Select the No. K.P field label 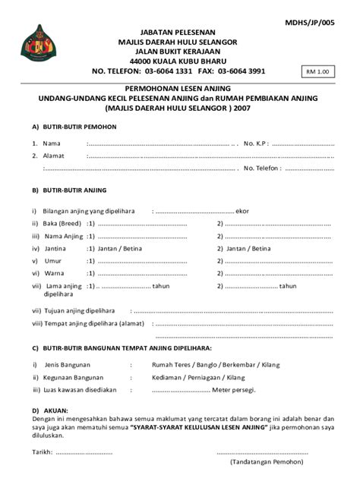[256, 143]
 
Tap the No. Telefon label [266, 169]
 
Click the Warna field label [55, 272]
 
